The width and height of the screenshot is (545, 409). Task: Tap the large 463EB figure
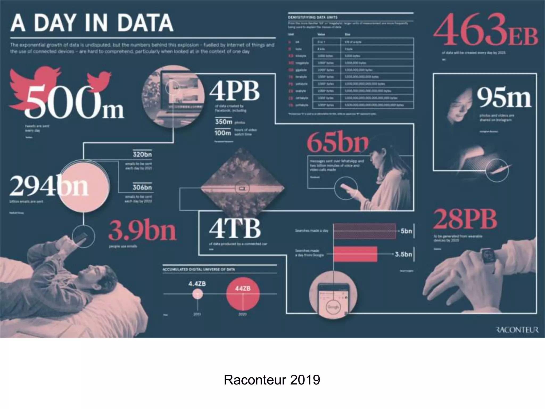(x=485, y=30)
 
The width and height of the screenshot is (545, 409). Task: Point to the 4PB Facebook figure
(x=234, y=91)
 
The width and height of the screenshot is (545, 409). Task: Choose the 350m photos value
(x=224, y=122)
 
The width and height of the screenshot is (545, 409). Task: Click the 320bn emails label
(x=142, y=154)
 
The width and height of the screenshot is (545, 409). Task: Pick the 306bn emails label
(x=142, y=187)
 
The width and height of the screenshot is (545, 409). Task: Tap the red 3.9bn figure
(x=142, y=230)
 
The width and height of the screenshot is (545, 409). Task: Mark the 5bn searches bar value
(x=406, y=231)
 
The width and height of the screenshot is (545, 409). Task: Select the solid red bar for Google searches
(x=355, y=254)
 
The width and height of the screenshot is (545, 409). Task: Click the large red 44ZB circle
(x=243, y=294)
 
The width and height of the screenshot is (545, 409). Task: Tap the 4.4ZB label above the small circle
(x=197, y=284)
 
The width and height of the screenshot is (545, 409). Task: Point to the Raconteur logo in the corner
(x=518, y=330)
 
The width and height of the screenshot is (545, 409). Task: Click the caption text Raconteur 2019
(x=272, y=380)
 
